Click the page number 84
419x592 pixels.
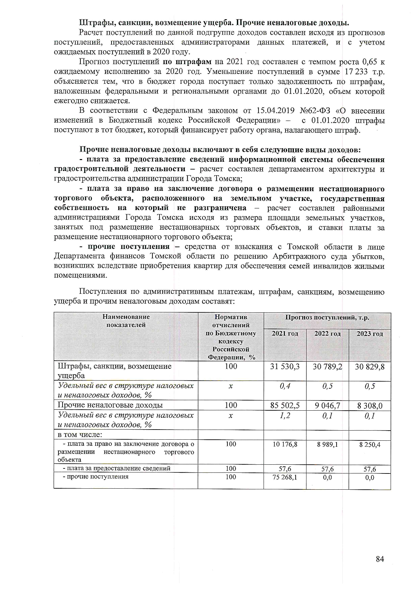click(380, 559)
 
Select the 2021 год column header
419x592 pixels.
click(285, 334)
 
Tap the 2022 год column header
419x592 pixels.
click(327, 334)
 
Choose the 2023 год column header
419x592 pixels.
click(370, 334)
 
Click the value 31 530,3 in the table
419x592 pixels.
click(285, 366)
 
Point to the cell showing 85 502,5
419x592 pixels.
click(285, 405)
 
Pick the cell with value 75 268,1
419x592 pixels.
click(285, 477)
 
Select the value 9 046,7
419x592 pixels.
click(327, 405)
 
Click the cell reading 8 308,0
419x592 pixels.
click(370, 405)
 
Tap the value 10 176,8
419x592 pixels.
click(285, 444)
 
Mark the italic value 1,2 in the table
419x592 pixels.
click(285, 416)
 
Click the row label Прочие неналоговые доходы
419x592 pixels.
click(110, 405)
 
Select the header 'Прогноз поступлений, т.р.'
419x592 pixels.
click(327, 317)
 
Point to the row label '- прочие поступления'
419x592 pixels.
click(96, 477)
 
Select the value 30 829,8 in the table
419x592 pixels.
click(370, 366)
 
